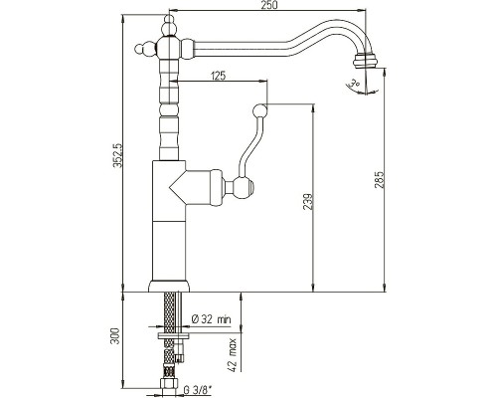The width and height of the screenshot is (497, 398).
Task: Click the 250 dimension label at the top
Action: (x=269, y=6)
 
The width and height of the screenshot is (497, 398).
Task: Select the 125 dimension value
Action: (x=218, y=76)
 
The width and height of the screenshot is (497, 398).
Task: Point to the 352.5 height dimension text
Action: (x=118, y=156)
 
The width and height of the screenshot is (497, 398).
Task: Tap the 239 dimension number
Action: (x=308, y=201)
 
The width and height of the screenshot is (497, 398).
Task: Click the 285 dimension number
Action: (x=380, y=180)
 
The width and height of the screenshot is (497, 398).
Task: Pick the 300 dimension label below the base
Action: (x=115, y=335)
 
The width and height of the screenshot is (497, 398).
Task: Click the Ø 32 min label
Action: (x=212, y=319)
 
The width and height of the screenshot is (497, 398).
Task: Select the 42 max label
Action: (x=234, y=355)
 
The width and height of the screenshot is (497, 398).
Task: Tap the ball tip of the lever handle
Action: (x=259, y=110)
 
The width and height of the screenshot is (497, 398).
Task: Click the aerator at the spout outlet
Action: (x=365, y=61)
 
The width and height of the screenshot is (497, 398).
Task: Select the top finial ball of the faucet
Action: (x=169, y=26)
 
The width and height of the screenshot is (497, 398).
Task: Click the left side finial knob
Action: (x=145, y=49)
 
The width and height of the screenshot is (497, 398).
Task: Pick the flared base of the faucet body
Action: (x=169, y=287)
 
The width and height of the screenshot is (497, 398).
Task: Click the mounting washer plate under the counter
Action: (x=173, y=336)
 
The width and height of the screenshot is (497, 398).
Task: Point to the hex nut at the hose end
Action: (x=169, y=384)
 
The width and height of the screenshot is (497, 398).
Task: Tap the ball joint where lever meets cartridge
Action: (x=244, y=187)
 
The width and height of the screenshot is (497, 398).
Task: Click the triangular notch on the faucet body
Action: (x=178, y=188)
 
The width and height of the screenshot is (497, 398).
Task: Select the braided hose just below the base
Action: (x=169, y=312)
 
